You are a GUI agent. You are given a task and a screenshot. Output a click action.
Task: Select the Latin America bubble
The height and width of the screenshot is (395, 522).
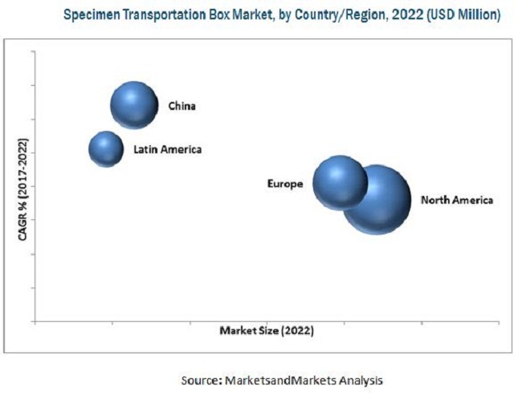[x=105, y=149]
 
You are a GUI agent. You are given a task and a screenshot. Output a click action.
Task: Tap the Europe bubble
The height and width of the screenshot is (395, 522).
[x=339, y=183]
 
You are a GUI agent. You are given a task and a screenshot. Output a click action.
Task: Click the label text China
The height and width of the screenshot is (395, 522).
[x=181, y=105]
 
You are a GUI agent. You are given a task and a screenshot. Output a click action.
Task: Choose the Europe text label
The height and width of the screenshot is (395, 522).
[x=285, y=184]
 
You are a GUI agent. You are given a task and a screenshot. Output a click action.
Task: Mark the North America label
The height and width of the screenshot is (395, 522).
[x=457, y=199]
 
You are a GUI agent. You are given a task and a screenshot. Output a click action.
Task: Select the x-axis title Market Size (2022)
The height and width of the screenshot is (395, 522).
[x=266, y=330]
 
